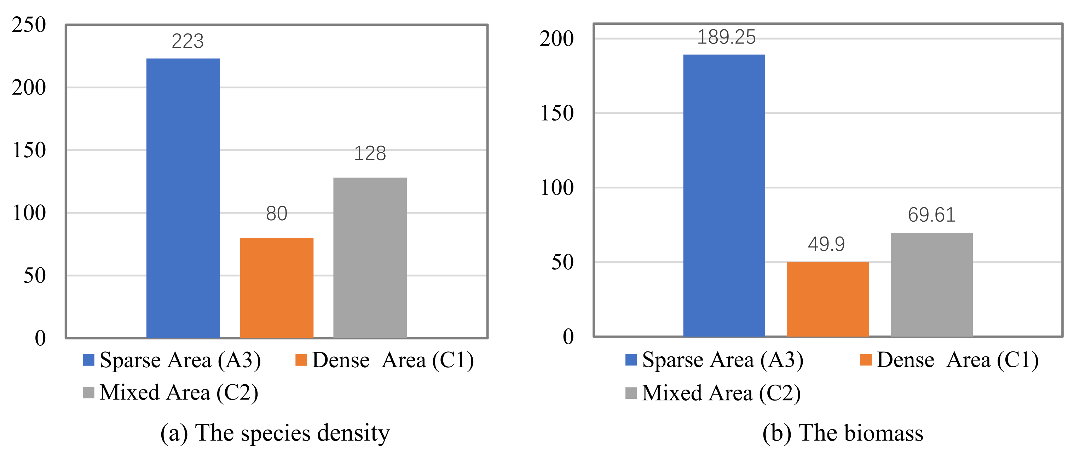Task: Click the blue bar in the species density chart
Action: pos(183,198)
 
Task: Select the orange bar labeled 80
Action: pos(276,287)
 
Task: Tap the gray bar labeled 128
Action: pos(370,257)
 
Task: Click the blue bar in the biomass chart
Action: pos(724,195)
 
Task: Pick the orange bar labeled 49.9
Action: pos(827,299)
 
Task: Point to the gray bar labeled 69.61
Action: pos(932,284)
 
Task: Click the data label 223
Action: pos(187,41)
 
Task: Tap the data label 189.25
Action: pos(726,37)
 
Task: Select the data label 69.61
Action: pos(932,215)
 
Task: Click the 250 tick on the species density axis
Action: pos(29,25)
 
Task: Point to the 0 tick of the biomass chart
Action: pos(568,337)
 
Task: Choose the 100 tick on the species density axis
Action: pos(29,213)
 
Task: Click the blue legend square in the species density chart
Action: pos(88,360)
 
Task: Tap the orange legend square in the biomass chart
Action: pos(866,360)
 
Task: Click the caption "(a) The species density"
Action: pos(275,433)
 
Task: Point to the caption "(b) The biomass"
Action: pos(843,433)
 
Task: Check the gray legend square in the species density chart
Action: pos(88,392)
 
